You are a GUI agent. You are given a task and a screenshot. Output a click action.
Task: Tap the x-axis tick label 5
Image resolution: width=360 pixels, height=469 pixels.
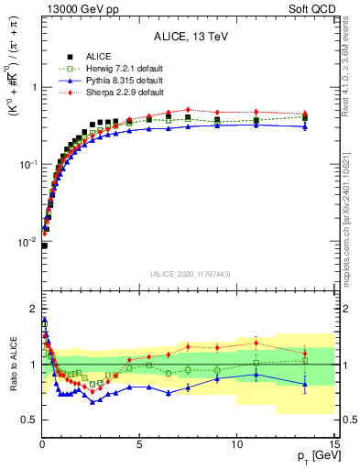(x=139, y=442)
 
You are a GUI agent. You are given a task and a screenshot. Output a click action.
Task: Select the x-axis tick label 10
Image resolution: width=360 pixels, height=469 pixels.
(x=236, y=442)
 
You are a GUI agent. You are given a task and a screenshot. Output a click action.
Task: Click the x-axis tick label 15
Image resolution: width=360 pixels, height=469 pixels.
(x=333, y=442)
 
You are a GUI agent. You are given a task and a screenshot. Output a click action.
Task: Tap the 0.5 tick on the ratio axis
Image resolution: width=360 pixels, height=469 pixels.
(x=29, y=420)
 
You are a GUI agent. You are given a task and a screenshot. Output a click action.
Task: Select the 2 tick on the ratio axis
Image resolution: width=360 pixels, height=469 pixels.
(x=33, y=308)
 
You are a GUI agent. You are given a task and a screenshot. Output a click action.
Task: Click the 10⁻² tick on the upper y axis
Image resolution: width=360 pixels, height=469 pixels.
(x=26, y=243)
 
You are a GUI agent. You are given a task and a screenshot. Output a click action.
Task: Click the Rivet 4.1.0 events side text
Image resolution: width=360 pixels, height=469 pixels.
(x=352, y=64)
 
